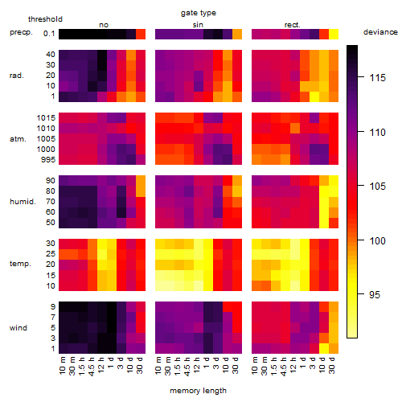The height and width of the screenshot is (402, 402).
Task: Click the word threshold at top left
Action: (x=45, y=19)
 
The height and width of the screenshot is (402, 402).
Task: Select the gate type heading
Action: (x=199, y=13)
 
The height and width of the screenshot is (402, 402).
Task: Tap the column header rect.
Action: (x=293, y=25)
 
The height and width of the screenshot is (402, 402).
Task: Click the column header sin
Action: (x=198, y=25)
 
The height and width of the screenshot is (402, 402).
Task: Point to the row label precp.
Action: (x=21, y=32)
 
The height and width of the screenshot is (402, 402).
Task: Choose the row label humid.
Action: (x=23, y=202)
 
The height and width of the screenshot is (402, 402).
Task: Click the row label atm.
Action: (x=18, y=139)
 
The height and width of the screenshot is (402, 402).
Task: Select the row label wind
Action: (x=18, y=328)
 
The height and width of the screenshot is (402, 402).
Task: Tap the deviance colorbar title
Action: (x=380, y=32)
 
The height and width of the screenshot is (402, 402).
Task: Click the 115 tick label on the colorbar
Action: (x=378, y=78)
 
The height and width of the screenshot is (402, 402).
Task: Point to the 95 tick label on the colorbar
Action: (x=375, y=295)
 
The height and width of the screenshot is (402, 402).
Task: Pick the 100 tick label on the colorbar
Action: (x=378, y=240)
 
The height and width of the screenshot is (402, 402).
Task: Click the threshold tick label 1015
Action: (x=46, y=118)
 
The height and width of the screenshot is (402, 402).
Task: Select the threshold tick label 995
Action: (x=48, y=160)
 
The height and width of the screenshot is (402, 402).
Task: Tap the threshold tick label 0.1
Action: (x=49, y=34)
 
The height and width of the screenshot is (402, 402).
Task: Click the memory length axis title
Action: (x=199, y=391)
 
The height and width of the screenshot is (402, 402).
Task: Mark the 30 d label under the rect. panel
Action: (x=332, y=365)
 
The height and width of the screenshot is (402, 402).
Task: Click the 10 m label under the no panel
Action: (x=62, y=365)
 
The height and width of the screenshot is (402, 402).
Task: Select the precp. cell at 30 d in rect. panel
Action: (x=334, y=34)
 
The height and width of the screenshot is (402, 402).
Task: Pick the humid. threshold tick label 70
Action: (x=51, y=202)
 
